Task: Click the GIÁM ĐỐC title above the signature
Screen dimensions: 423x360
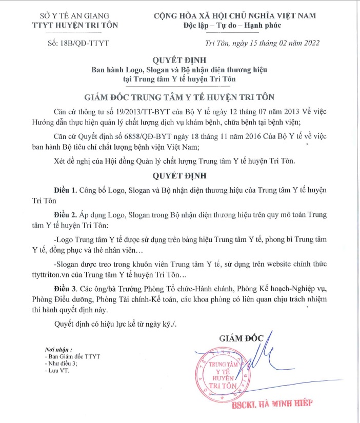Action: pos(241,338)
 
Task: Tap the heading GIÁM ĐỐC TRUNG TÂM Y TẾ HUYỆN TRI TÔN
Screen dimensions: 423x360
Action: pos(179,96)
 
